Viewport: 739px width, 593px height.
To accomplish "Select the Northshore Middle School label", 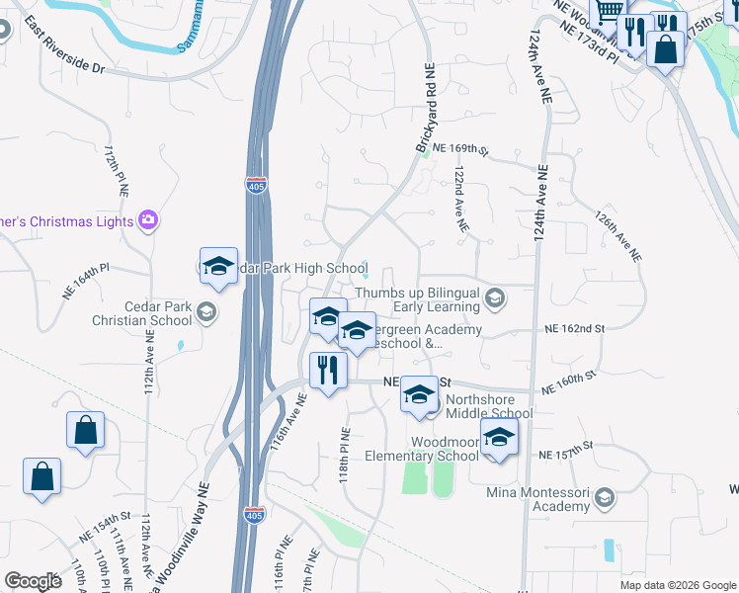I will (489, 406).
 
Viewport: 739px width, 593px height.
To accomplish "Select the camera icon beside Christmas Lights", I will (149, 219).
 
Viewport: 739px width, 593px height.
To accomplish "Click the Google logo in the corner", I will (33, 581).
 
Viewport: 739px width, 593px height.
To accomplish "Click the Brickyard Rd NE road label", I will (426, 109).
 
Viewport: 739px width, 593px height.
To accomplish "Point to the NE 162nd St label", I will (575, 328).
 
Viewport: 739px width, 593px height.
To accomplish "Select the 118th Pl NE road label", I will (345, 455).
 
